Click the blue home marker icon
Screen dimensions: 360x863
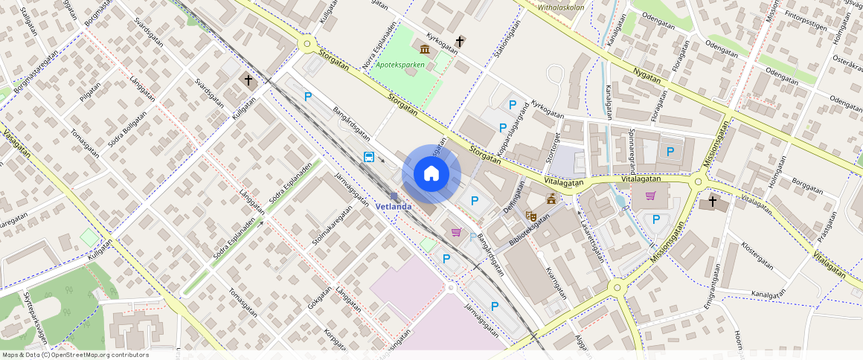pyautogui.click(x=431, y=174)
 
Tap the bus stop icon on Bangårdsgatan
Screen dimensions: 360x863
pyautogui.click(x=368, y=157)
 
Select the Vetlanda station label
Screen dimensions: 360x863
pyautogui.click(x=394, y=206)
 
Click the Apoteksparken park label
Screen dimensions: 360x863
pyautogui.click(x=400, y=65)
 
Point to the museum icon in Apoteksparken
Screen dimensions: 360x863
pyautogui.click(x=425, y=49)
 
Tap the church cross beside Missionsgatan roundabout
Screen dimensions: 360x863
pyautogui.click(x=712, y=201)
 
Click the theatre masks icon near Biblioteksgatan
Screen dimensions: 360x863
pyautogui.click(x=531, y=216)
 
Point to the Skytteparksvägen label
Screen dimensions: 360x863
pyautogui.click(x=34, y=317)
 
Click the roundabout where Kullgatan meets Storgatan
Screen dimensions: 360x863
pyautogui.click(x=306, y=45)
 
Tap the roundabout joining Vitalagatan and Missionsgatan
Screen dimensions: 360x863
pyautogui.click(x=698, y=181)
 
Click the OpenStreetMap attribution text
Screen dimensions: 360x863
pyautogui.click(x=75, y=355)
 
